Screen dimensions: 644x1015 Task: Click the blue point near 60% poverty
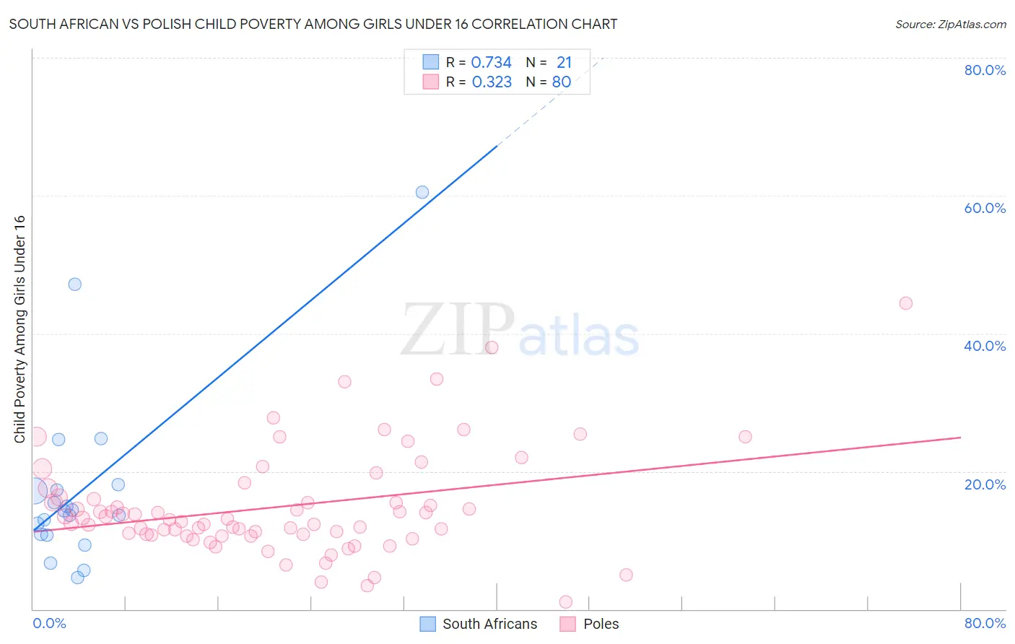[422, 192]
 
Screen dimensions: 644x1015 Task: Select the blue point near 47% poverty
[75, 284]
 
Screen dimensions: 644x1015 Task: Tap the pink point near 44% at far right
[906, 303]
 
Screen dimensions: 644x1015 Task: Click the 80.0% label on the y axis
[985, 70]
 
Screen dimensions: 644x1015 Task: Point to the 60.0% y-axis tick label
[985, 208]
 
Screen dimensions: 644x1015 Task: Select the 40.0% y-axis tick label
[985, 346]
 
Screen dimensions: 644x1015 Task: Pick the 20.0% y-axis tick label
[985, 484]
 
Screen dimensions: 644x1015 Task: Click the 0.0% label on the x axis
[49, 623]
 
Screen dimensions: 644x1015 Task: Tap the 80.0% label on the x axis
[985, 623]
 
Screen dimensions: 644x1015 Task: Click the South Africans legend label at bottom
[489, 624]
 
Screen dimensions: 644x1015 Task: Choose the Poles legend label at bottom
[601, 624]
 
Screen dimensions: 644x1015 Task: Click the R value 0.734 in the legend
[491, 63]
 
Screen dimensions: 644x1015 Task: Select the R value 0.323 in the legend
[492, 82]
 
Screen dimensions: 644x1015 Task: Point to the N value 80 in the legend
[562, 82]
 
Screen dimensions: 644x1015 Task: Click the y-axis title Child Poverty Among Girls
[19, 328]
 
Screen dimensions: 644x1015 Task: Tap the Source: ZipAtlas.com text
[951, 24]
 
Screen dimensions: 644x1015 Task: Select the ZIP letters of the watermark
[458, 330]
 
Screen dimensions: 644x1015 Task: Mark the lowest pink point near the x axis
[566, 602]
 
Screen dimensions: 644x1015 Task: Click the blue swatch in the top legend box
[430, 62]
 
